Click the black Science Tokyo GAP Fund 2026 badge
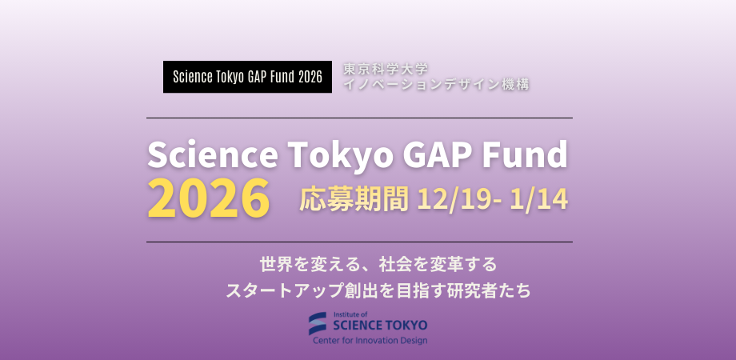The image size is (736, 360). (x=247, y=77)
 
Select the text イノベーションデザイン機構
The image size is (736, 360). (x=436, y=84)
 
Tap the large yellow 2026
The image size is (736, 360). (x=209, y=199)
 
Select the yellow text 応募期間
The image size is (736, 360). (x=354, y=199)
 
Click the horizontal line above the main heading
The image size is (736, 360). (x=359, y=118)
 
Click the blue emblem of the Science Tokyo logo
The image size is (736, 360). (x=318, y=323)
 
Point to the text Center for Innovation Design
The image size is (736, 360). (x=370, y=340)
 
